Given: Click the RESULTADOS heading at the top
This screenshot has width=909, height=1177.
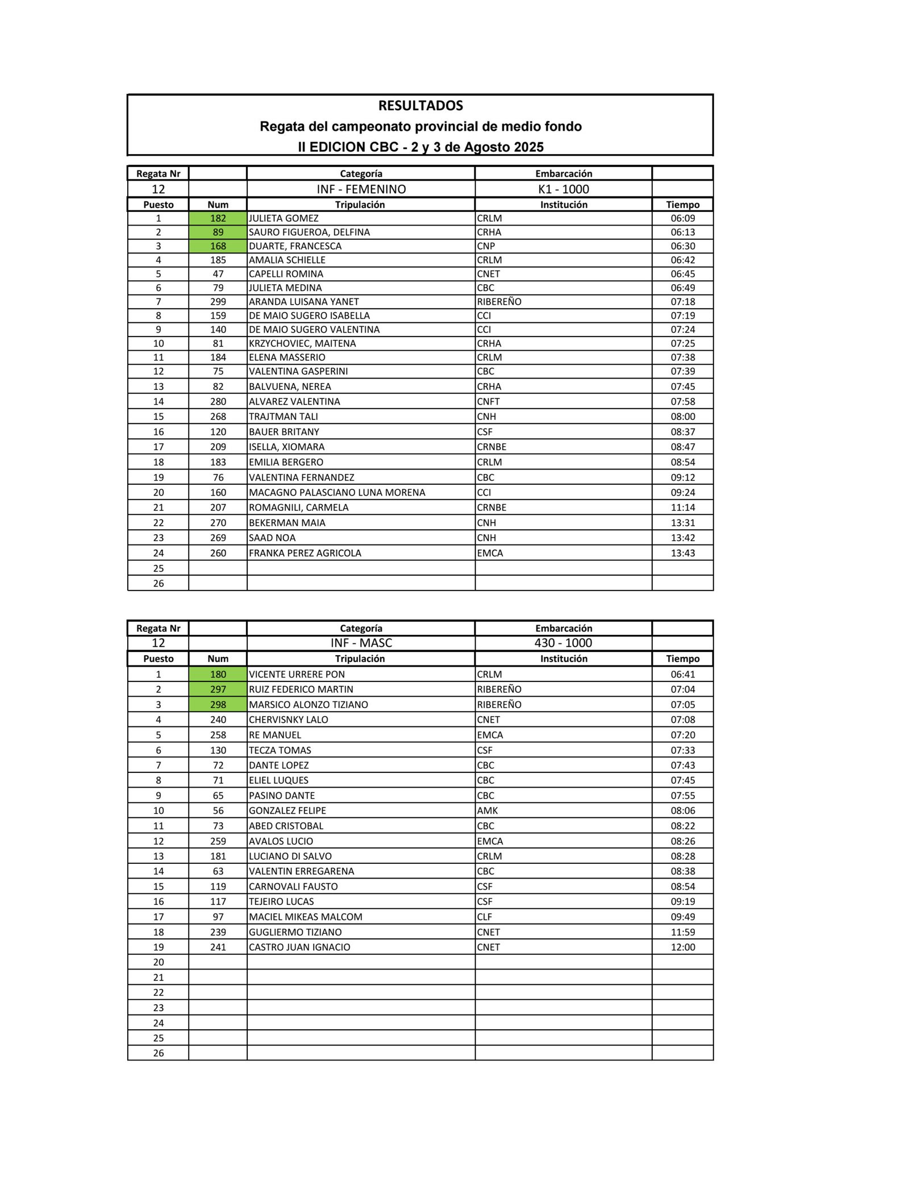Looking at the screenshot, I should (420, 106).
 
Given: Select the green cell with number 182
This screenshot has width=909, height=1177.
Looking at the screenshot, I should (218, 218).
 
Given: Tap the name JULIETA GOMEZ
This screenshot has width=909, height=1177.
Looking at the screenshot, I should (283, 218).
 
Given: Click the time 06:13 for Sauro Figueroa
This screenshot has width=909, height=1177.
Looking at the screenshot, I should (682, 232).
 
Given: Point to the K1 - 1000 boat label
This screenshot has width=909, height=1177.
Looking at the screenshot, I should (563, 189).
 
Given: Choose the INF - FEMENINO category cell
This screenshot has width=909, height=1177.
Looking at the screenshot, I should (361, 189).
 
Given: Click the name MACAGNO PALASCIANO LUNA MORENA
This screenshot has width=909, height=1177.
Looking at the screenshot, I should (337, 492).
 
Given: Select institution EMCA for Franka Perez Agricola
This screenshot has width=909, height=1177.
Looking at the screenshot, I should (490, 553).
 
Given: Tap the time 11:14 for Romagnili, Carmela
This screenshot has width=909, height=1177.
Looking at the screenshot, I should (682, 508).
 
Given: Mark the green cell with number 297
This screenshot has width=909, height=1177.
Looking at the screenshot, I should (218, 689).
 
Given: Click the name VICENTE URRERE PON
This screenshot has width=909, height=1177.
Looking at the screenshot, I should (297, 675).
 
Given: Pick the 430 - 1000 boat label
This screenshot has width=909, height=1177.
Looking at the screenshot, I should (563, 643).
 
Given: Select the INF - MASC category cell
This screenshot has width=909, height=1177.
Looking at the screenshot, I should (361, 643).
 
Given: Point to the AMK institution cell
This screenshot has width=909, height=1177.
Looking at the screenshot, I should (487, 811).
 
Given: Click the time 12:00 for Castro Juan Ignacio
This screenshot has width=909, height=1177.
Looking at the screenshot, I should (682, 947).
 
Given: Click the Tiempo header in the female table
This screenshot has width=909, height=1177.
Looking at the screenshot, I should (682, 205).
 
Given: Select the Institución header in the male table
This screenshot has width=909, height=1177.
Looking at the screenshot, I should (563, 659).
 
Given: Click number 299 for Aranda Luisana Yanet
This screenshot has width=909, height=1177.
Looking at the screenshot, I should (218, 302).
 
